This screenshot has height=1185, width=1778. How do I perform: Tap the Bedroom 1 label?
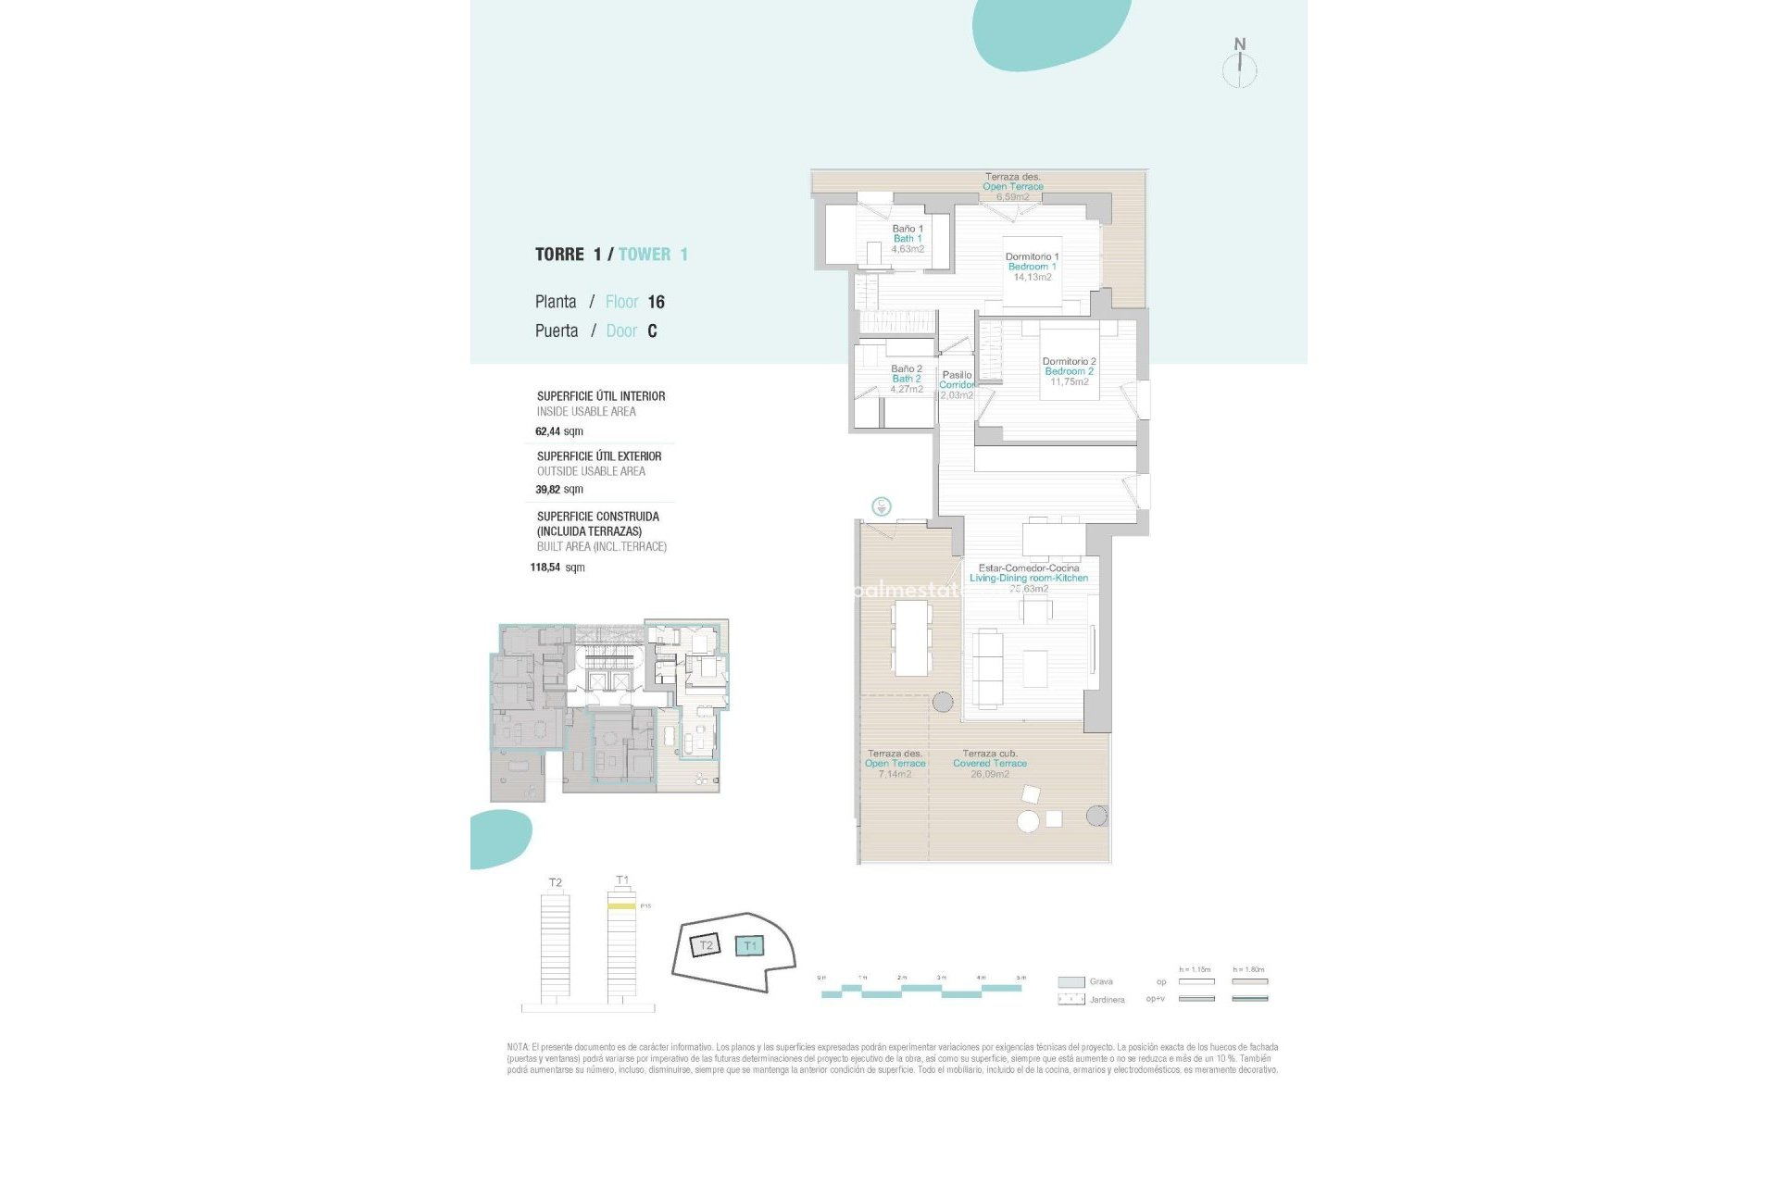[1032, 267]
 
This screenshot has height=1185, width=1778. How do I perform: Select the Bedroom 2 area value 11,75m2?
[1069, 382]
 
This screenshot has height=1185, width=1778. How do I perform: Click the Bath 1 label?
[908, 239]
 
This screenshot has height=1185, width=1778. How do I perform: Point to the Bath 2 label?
[906, 379]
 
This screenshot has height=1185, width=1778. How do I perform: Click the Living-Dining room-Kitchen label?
[1029, 578]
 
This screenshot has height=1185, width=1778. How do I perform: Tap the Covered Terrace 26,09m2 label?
[989, 764]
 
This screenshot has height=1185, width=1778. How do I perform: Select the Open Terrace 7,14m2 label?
[895, 764]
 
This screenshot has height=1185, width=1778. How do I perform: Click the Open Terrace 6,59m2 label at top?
[1012, 187]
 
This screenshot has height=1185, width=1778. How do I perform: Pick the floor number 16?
[656, 302]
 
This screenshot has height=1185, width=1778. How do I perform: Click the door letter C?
[652, 331]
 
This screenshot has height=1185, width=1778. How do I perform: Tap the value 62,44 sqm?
[558, 431]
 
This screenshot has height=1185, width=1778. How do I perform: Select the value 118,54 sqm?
[557, 568]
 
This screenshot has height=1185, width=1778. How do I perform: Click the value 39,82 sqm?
[558, 490]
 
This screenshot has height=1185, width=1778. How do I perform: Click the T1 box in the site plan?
[749, 945]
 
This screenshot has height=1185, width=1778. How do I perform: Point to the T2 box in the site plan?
[706, 945]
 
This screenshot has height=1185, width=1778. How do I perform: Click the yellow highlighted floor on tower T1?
[621, 906]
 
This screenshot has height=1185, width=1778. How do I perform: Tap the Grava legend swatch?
[1071, 982]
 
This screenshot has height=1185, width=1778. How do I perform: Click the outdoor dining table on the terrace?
[910, 637]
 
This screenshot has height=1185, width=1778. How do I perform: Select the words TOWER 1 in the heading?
[653, 255]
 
